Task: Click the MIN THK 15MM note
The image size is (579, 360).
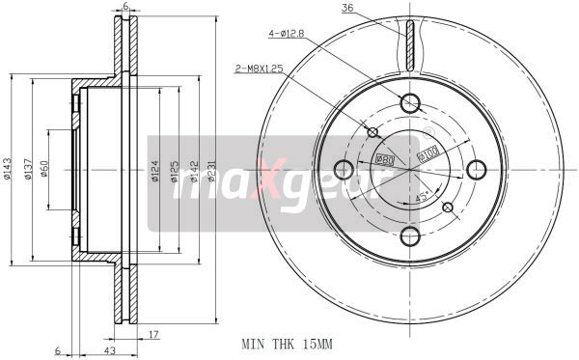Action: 288,342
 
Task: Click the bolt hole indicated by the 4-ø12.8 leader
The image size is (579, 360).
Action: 409,103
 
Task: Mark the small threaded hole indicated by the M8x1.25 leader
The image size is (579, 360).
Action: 372,132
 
